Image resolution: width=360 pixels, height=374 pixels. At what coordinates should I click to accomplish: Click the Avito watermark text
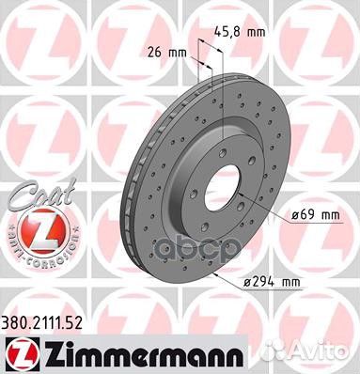pyautogui.click(x=331, y=353)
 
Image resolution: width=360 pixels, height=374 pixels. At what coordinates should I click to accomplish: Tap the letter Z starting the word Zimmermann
pyautogui.click(x=49, y=352)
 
